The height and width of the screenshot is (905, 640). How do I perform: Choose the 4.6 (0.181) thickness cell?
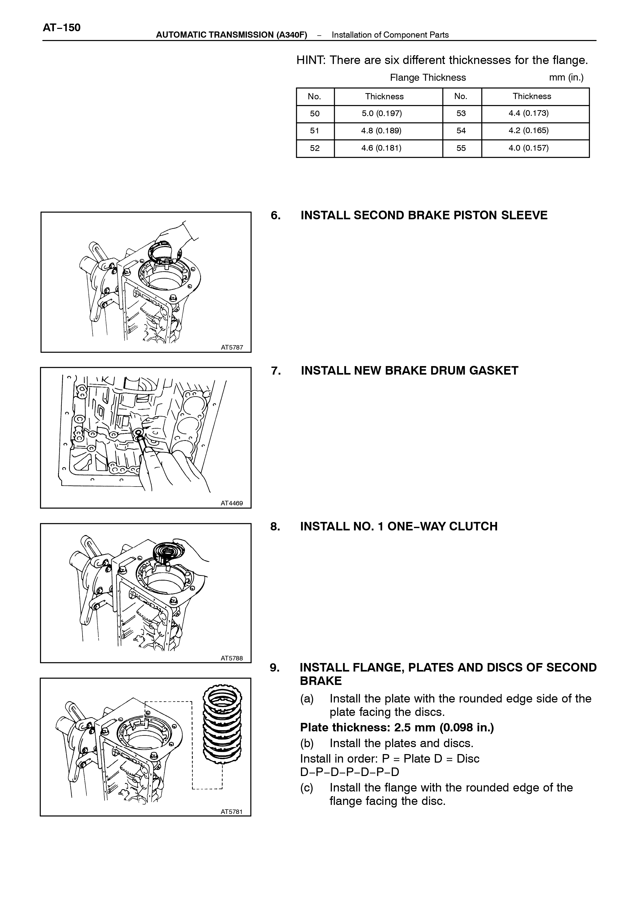(x=382, y=148)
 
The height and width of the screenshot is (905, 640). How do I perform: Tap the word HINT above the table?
(x=310, y=60)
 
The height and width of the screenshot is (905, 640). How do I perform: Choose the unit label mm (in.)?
(x=566, y=78)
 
